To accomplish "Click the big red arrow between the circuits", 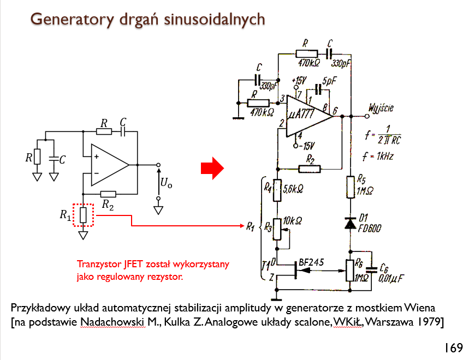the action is [x=212, y=168].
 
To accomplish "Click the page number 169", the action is [x=454, y=348].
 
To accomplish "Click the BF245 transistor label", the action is [x=311, y=262].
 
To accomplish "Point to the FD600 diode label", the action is [x=370, y=229].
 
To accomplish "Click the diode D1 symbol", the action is [x=351, y=223].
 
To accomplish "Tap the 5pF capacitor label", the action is [x=329, y=81].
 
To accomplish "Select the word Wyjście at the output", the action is [x=381, y=108].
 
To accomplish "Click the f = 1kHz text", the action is [x=378, y=156].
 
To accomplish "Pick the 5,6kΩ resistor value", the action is [x=293, y=189].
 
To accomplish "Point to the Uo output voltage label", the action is [x=167, y=182].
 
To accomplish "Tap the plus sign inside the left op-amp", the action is [x=96, y=157].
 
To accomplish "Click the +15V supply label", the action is [x=299, y=80].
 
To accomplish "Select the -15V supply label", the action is [x=307, y=146].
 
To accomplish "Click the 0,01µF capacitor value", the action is [x=391, y=279].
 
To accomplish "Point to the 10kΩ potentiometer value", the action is [x=292, y=221].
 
